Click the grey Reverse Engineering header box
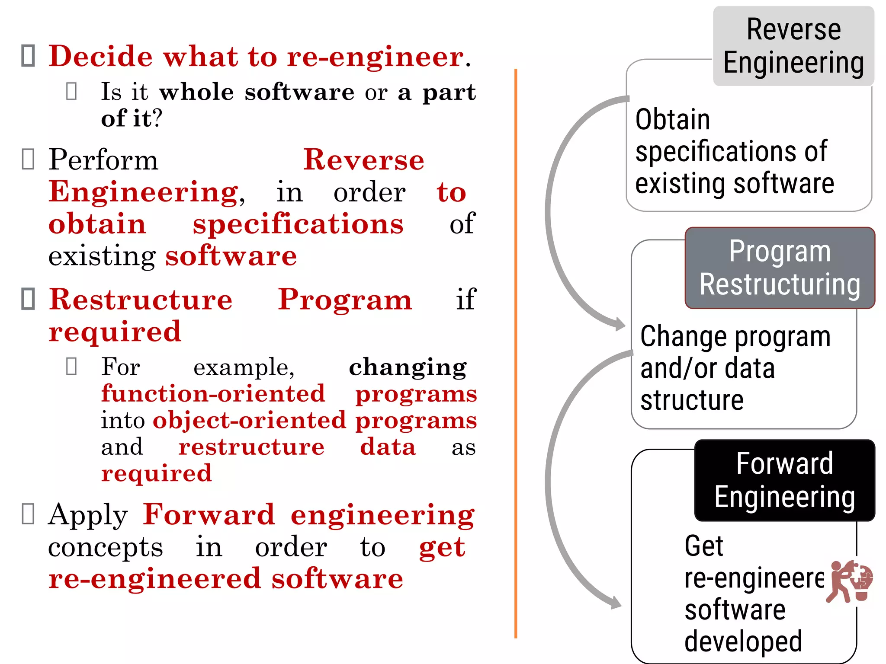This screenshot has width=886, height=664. [793, 46]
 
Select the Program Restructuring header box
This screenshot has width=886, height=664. [780, 268]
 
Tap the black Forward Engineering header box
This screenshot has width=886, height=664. [784, 480]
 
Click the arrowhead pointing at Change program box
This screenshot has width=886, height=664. [620, 324]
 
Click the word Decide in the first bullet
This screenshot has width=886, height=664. [100, 56]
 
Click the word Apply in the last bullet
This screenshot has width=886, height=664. [88, 515]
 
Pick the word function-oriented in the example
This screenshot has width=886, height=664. [213, 393]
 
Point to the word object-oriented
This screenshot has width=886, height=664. [249, 420]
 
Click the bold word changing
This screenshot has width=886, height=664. [408, 367]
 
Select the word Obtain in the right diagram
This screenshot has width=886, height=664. [673, 120]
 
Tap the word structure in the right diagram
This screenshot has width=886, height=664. [692, 400]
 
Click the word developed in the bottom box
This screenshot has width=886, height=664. [743, 641]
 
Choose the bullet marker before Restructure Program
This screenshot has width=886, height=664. [28, 299]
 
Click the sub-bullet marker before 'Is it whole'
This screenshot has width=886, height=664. [71, 91]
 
